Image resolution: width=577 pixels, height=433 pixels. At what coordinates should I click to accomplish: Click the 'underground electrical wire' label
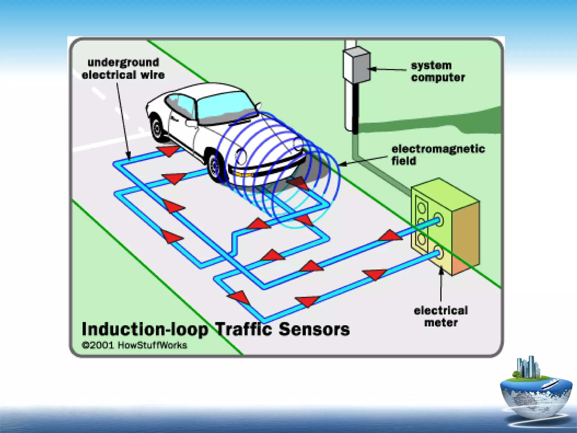click(123, 69)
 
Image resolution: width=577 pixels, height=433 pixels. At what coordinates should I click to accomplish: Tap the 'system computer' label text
click(438, 72)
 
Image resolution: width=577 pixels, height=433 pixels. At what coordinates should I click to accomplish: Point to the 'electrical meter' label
click(441, 316)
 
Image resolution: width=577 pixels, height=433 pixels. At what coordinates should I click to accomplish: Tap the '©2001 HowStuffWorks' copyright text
click(134, 345)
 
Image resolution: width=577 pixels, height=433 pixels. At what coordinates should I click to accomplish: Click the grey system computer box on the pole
click(356, 65)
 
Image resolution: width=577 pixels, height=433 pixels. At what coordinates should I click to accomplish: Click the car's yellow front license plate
click(243, 174)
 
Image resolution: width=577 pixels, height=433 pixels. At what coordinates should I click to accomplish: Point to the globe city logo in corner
click(535, 392)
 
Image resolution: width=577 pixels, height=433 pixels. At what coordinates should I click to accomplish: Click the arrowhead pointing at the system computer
click(372, 69)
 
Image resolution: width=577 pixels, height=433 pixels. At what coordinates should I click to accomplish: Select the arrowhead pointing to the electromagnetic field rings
click(343, 164)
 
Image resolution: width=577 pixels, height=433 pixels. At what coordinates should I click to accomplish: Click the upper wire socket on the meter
click(438, 220)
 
